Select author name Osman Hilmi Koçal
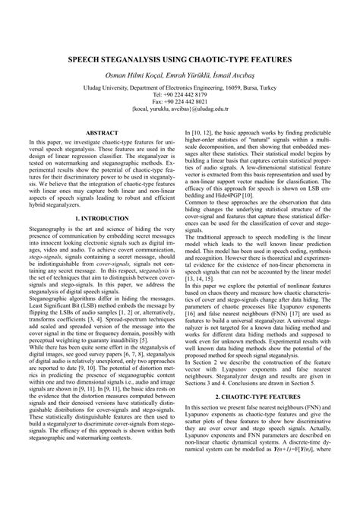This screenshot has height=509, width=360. tap(132, 75)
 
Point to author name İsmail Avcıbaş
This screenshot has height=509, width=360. tap(248, 75)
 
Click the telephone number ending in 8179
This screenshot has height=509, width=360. tap(180, 95)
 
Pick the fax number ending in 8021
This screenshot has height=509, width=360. tap(180, 102)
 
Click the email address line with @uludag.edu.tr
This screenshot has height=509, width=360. tap(180, 109)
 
